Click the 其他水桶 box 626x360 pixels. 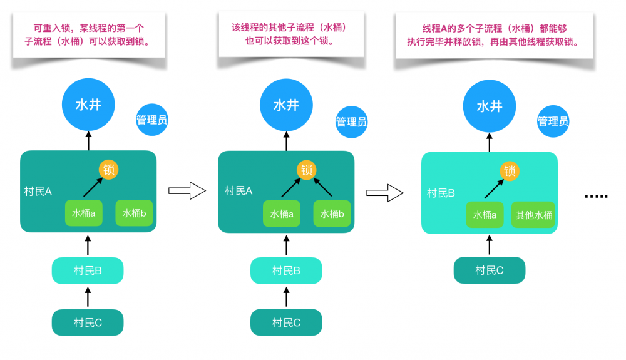533,215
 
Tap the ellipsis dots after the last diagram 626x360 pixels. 595,196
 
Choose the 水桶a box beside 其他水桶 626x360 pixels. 485,215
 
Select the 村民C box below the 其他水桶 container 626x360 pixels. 489,270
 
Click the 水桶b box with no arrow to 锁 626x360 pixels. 134,213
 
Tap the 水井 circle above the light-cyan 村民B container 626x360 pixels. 490,106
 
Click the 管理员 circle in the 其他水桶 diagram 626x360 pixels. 553,121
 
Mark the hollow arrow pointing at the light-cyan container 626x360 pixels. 384,192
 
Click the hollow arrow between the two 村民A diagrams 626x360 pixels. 187,191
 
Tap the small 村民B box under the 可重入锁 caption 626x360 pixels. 88,270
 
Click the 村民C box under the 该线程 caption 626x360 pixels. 286,322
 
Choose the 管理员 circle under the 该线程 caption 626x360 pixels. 351,121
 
